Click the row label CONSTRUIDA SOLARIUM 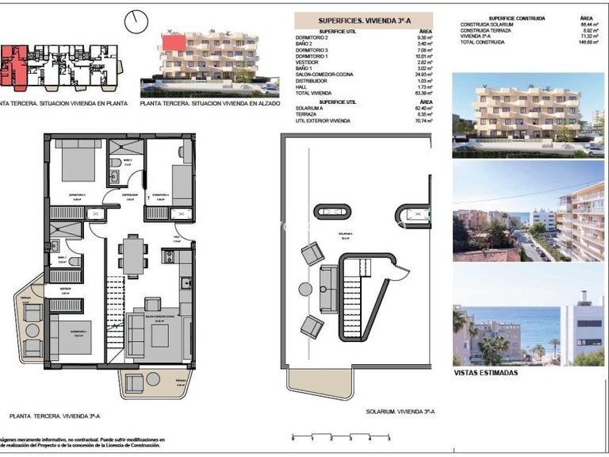point(488,25)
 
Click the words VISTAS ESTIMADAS point(485,372)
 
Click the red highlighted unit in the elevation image point(173,41)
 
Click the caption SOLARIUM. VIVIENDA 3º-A point(398,411)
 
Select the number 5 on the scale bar point(389,438)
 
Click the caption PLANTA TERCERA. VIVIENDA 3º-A point(54,415)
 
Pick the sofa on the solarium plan point(327,289)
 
